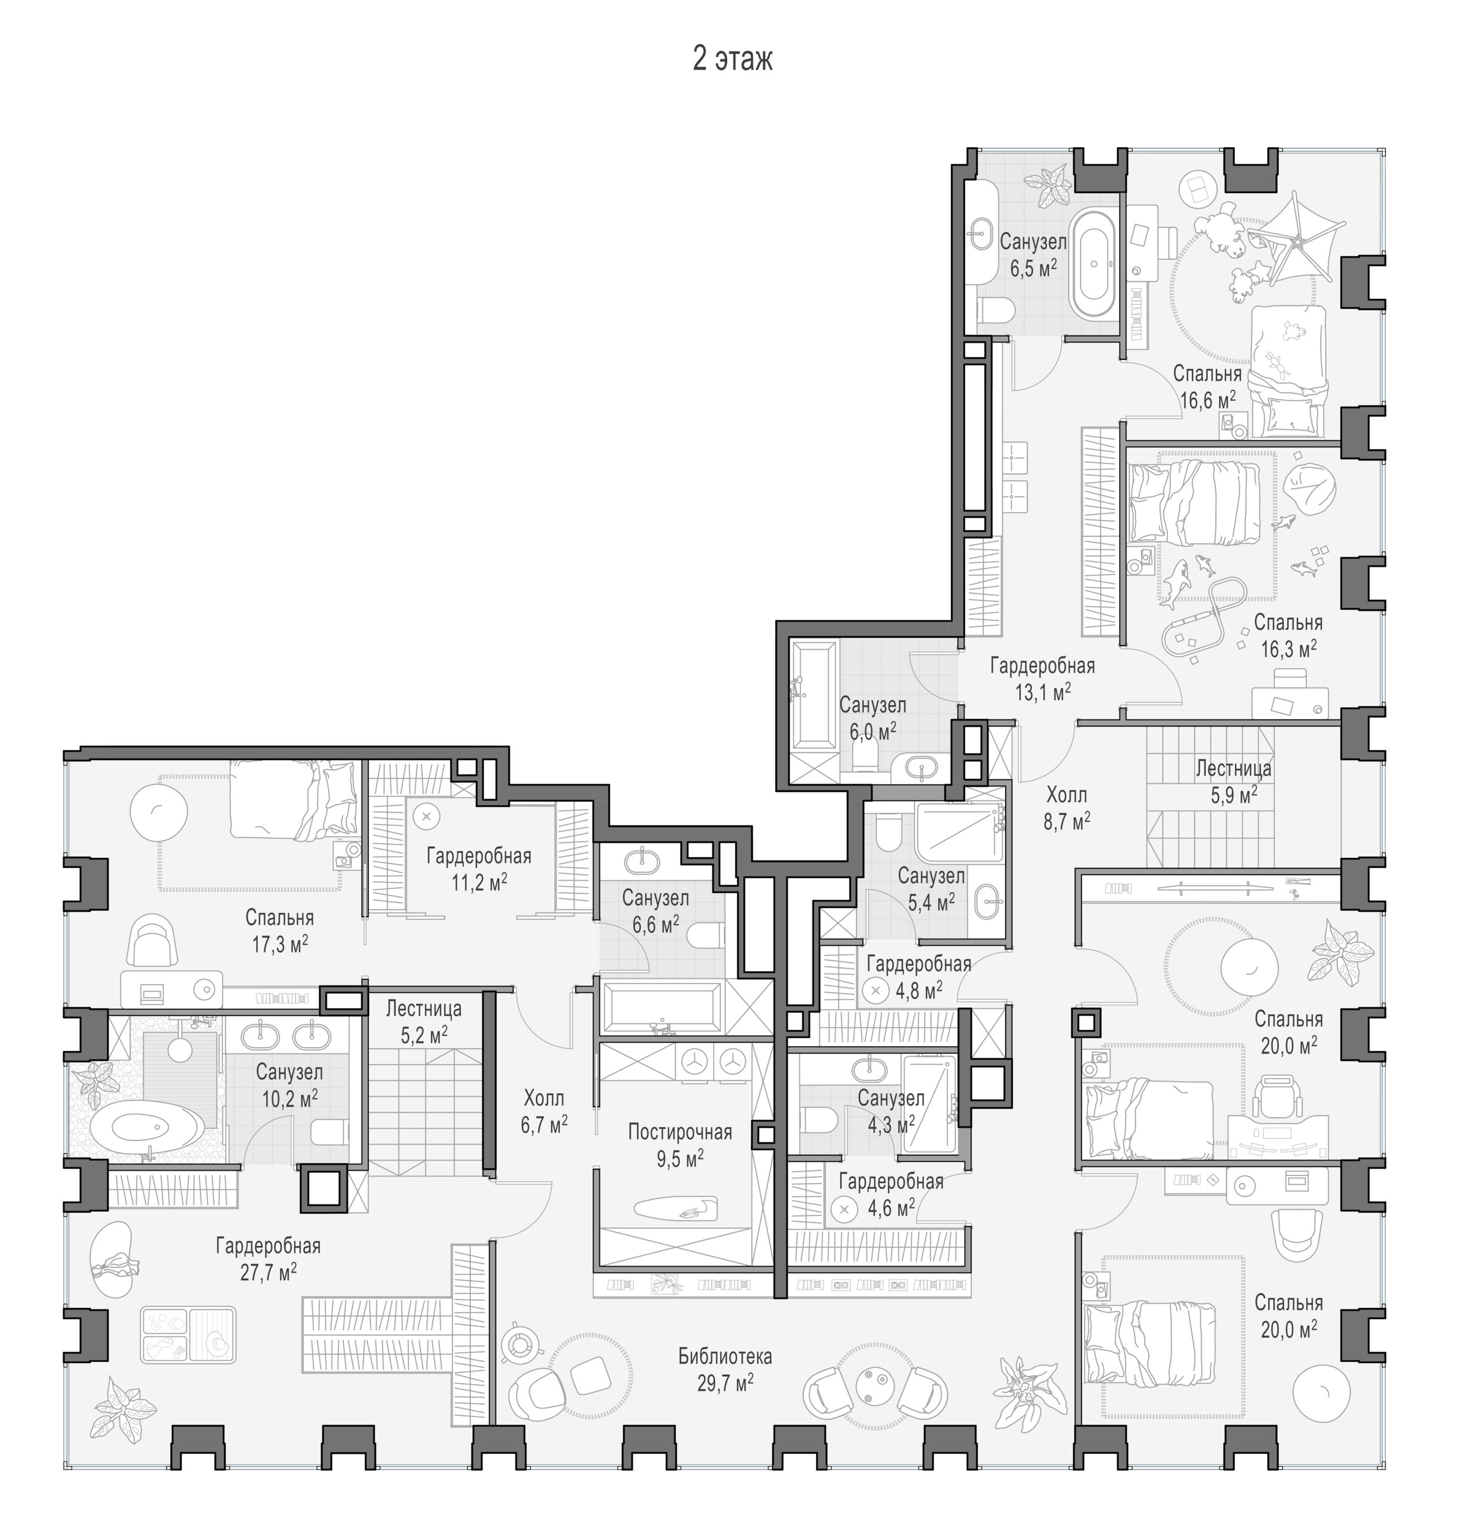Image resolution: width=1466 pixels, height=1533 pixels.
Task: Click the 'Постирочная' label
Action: pyautogui.click(x=680, y=1132)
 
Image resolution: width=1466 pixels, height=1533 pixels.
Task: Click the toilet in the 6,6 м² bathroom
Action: pyautogui.click(x=706, y=935)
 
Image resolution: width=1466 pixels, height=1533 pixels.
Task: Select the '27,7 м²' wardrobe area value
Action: pyautogui.click(x=268, y=1272)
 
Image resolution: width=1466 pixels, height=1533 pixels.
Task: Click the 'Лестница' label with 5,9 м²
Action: pyautogui.click(x=1233, y=768)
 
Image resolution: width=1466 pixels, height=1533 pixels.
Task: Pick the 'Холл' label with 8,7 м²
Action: pyautogui.click(x=1067, y=795)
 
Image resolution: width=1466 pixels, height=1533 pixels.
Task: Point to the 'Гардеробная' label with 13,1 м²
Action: pyautogui.click(x=1042, y=666)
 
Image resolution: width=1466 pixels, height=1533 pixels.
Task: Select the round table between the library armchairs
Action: pyautogui.click(x=875, y=1385)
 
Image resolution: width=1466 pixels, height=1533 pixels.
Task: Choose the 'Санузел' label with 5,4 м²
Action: pyautogui.click(x=931, y=876)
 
